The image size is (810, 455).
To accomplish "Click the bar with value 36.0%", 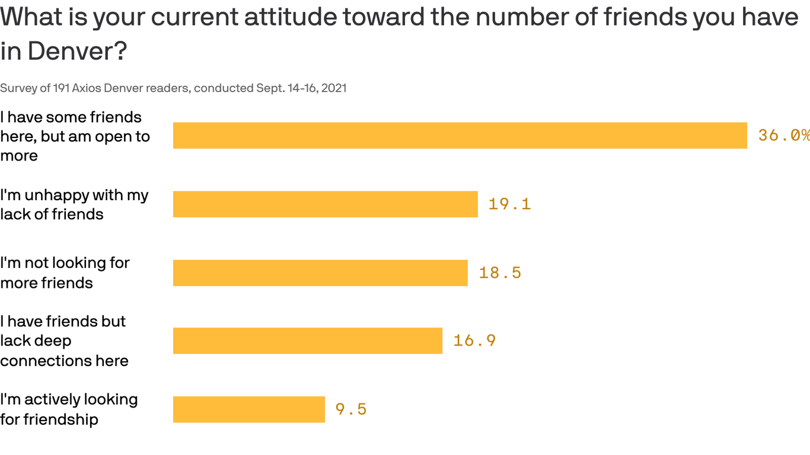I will pyautogui.click(x=460, y=136).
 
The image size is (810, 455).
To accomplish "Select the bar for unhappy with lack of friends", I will pyautogui.click(x=325, y=204).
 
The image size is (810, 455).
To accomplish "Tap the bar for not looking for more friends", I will pyautogui.click(x=320, y=273).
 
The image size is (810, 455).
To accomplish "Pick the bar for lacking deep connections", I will pyautogui.click(x=307, y=341).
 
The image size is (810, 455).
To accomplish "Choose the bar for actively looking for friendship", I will pyautogui.click(x=248, y=409).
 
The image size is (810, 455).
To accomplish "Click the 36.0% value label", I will pyautogui.click(x=783, y=136).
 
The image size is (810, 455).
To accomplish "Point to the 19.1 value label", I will pyautogui.click(x=509, y=204).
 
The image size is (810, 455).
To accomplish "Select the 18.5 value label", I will pyautogui.click(x=500, y=273).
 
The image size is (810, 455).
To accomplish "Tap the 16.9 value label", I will pyautogui.click(x=474, y=341).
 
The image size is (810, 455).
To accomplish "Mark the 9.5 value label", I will pyautogui.click(x=351, y=409).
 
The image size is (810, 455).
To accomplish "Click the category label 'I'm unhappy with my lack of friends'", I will pyautogui.click(x=74, y=204).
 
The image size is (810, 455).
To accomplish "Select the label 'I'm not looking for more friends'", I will pyautogui.click(x=65, y=273).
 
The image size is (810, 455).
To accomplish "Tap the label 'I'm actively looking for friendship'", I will pyautogui.click(x=69, y=409).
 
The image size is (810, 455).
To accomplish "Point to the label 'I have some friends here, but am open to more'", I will pyautogui.click(x=75, y=136).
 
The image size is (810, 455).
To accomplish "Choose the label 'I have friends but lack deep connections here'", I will pyautogui.click(x=64, y=341).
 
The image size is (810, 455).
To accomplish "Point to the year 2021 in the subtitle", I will pyautogui.click(x=334, y=88).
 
